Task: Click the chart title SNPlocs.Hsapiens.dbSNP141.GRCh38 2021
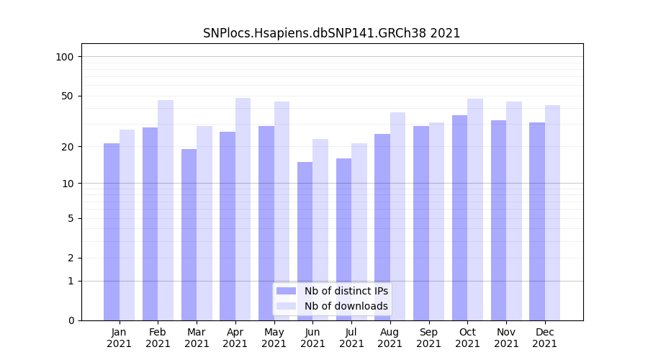tap(331, 33)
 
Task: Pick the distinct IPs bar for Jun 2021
tap(305, 241)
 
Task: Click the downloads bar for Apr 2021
tap(243, 209)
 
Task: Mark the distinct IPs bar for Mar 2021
tap(189, 235)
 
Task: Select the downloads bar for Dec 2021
tap(552, 212)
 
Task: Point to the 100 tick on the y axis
tap(69, 57)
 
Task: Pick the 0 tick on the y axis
tap(71, 320)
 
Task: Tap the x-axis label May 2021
tap(274, 338)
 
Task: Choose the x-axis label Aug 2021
tap(390, 338)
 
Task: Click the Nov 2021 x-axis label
tap(506, 338)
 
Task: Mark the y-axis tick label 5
tap(71, 218)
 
